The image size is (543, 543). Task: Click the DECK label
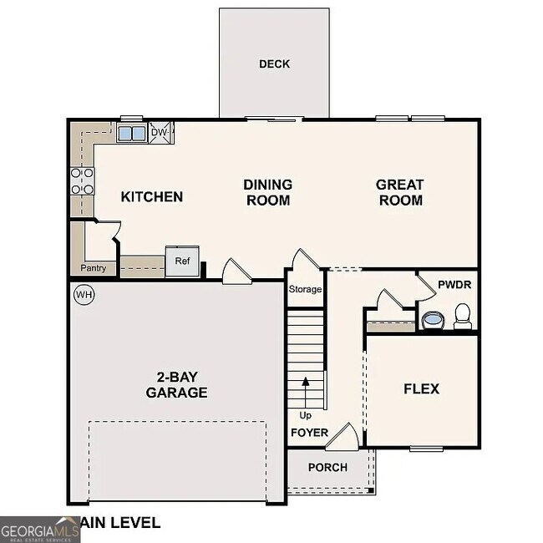(274, 63)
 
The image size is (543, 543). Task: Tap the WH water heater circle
(83, 294)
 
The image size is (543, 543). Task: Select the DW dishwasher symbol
(159, 133)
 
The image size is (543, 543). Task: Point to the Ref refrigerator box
(182, 261)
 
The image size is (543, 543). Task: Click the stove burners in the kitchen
(82, 181)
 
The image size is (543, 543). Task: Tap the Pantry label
(93, 268)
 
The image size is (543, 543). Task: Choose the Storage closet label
(305, 289)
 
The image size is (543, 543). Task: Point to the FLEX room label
(421, 388)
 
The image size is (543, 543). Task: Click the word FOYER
(309, 433)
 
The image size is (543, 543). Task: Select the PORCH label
(327, 467)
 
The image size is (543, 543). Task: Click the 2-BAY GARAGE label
(176, 385)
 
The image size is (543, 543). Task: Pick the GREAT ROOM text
(400, 192)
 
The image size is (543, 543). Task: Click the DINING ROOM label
(267, 192)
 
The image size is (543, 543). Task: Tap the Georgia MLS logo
(39, 528)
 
